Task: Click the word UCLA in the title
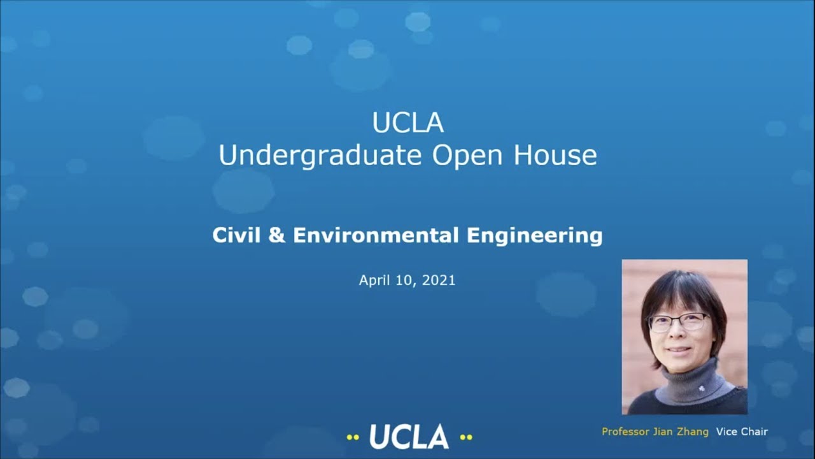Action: point(407,123)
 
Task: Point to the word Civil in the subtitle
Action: point(235,235)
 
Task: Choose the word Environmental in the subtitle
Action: point(376,235)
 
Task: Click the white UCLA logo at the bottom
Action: point(409,437)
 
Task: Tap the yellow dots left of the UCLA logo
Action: point(353,437)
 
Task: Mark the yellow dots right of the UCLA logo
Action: point(465,437)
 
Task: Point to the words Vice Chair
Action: point(742,432)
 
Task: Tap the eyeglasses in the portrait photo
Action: point(677,321)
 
